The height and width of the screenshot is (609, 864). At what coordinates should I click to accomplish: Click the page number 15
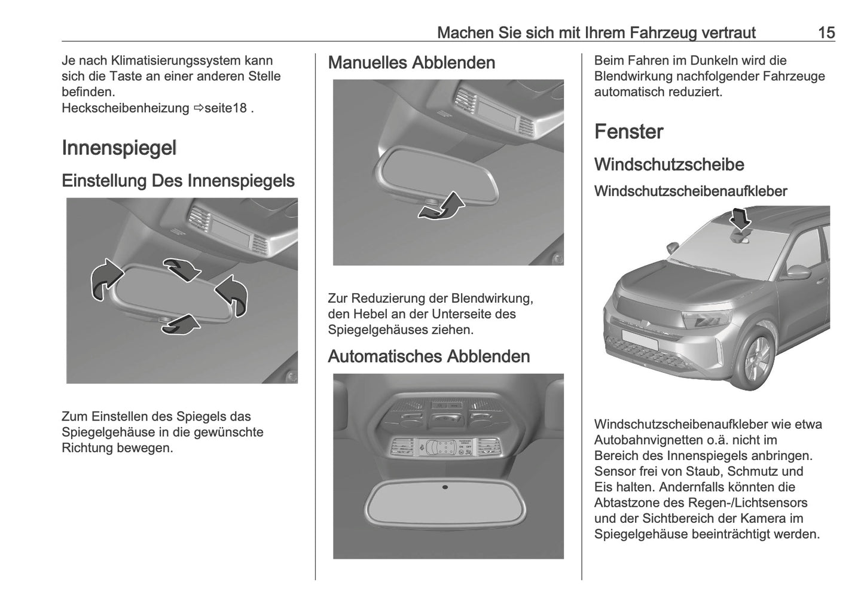[x=826, y=32]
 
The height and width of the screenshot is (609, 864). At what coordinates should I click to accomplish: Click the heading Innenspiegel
[x=119, y=148]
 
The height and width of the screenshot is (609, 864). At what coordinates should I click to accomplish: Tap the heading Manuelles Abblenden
[x=411, y=62]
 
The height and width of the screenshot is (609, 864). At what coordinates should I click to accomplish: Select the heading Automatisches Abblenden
[x=429, y=356]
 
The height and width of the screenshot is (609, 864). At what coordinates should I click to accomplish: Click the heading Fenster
[x=628, y=132]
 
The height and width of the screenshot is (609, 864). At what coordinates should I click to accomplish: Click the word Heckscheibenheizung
[x=125, y=108]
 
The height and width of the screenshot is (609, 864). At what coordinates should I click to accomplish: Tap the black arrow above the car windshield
[x=741, y=218]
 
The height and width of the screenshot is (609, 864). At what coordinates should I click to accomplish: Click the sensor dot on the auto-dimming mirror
[x=445, y=487]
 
